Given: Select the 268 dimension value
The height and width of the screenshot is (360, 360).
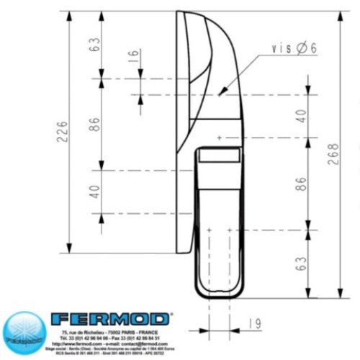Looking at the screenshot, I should [x=333, y=159].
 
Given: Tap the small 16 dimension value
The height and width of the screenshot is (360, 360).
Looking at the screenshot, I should [x=132, y=58].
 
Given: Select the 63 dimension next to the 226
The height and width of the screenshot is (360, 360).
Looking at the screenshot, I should [x=94, y=45].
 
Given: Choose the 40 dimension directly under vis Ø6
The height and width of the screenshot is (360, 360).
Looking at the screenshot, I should [x=301, y=114].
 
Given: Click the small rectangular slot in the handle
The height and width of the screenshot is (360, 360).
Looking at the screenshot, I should [x=218, y=153].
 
